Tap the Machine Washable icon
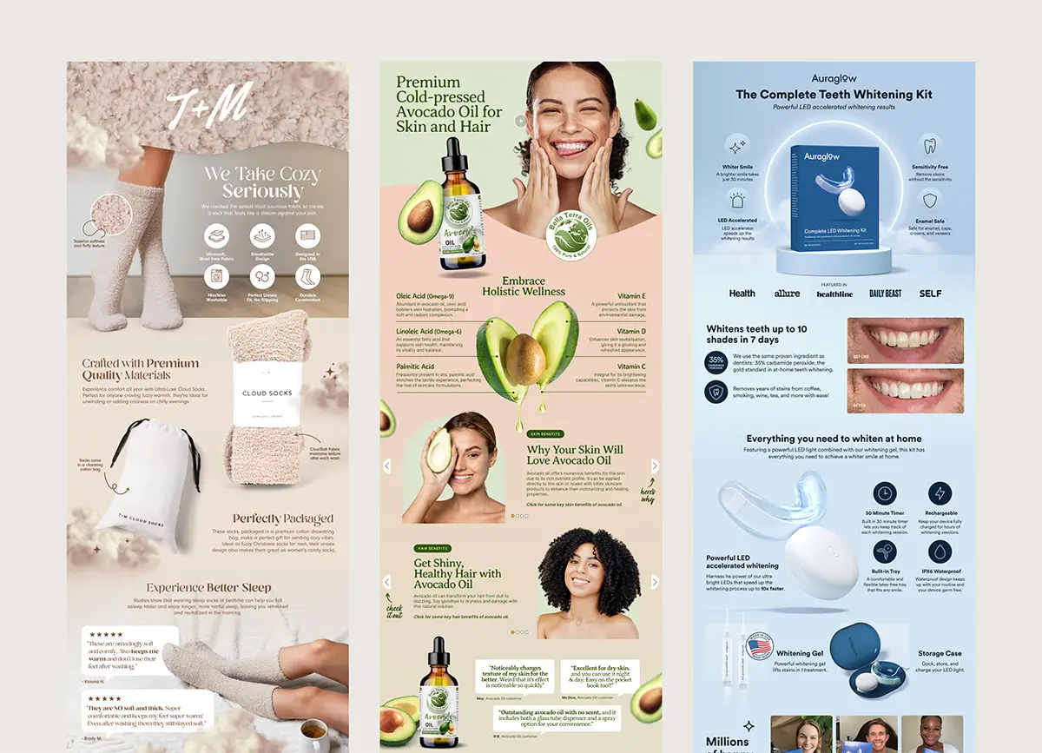[x=216, y=277]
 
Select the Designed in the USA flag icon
[x=307, y=235]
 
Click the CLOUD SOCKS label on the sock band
[x=267, y=393]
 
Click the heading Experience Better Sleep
[x=208, y=588]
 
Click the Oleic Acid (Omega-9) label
[x=425, y=296]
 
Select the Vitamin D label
[x=631, y=331]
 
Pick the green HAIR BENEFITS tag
[x=432, y=549]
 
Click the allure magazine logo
[x=787, y=294]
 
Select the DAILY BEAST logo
[x=886, y=294]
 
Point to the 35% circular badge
[x=716, y=360]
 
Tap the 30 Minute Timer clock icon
[x=885, y=493]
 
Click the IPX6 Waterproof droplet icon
[x=940, y=552]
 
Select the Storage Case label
[x=940, y=654]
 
